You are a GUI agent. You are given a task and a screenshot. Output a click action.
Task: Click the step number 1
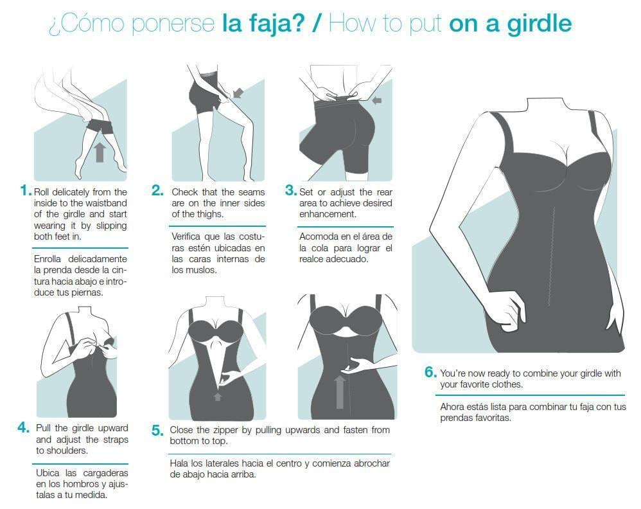click(x=25, y=190)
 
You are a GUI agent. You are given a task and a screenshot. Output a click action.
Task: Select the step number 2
click(x=157, y=190)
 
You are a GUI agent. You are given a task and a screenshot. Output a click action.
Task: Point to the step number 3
click(x=291, y=190)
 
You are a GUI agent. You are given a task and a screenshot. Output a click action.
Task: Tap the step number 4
click(x=23, y=427)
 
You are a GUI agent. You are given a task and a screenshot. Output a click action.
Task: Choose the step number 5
click(x=157, y=430)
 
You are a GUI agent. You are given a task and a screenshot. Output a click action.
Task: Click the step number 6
click(x=430, y=372)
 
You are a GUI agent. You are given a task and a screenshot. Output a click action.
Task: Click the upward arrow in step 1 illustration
click(x=100, y=152)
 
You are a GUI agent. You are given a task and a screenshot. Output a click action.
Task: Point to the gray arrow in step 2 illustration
click(x=238, y=93)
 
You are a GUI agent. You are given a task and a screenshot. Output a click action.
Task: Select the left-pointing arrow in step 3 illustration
click(x=377, y=100)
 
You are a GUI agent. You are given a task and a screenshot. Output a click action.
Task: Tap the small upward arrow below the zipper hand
click(x=218, y=396)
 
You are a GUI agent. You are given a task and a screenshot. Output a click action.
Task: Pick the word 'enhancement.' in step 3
click(x=328, y=214)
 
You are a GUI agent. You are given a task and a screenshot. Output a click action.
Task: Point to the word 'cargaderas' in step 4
click(x=105, y=474)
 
